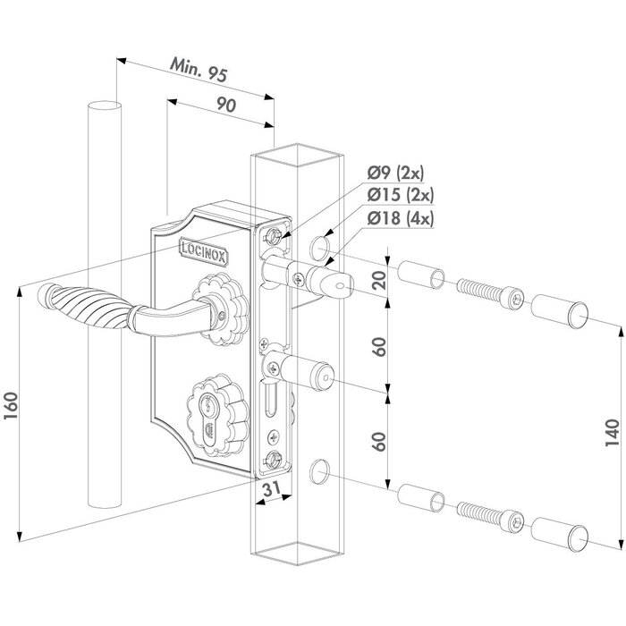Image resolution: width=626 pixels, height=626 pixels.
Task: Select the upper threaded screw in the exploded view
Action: click(487, 294)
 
